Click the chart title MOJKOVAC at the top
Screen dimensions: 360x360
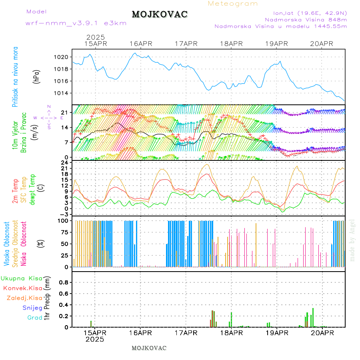(160, 14)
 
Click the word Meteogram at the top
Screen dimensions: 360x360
(233, 4)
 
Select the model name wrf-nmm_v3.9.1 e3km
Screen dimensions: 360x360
(76, 23)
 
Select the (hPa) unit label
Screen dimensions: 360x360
(37, 76)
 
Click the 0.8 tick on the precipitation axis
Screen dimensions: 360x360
(64, 282)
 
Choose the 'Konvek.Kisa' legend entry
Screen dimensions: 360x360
(22, 288)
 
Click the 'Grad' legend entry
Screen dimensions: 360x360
(34, 318)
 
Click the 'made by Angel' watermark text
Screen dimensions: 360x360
(352, 240)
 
